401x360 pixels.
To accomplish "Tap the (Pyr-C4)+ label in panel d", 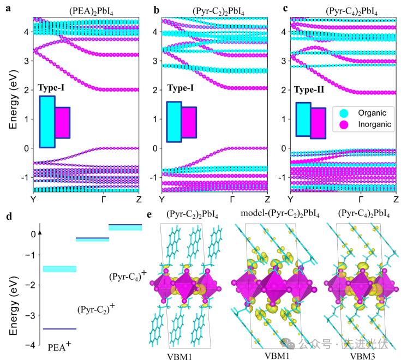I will (125, 276).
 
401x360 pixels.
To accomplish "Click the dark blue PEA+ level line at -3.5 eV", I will (59, 329).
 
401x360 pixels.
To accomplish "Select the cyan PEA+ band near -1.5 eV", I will (59, 269).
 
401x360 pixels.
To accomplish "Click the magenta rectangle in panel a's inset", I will (62, 123).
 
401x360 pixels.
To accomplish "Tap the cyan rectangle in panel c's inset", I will (303, 119).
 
